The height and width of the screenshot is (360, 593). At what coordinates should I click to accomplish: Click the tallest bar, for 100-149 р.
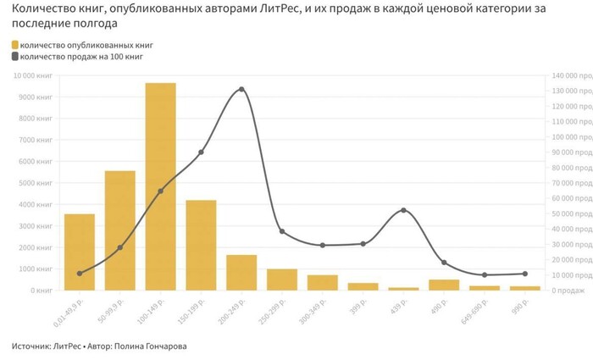coord(160,186)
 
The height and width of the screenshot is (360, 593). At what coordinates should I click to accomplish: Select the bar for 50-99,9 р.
coord(120,230)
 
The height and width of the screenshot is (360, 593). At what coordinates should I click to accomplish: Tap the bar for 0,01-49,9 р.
coord(80,252)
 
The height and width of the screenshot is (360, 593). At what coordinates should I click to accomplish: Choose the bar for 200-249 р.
coord(241,272)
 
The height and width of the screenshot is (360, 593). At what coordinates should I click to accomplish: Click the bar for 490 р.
coord(444,285)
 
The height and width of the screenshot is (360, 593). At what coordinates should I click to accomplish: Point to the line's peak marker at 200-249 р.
coord(241,89)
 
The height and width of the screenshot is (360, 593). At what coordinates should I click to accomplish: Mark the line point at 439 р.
coord(403,210)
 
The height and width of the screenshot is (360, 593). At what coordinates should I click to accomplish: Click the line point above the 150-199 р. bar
coord(201,152)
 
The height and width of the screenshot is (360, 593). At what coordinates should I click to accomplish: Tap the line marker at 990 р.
coord(525,274)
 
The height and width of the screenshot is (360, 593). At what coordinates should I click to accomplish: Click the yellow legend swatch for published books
coord(15,44)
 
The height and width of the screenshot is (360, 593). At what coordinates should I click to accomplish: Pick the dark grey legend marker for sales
coord(15,56)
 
